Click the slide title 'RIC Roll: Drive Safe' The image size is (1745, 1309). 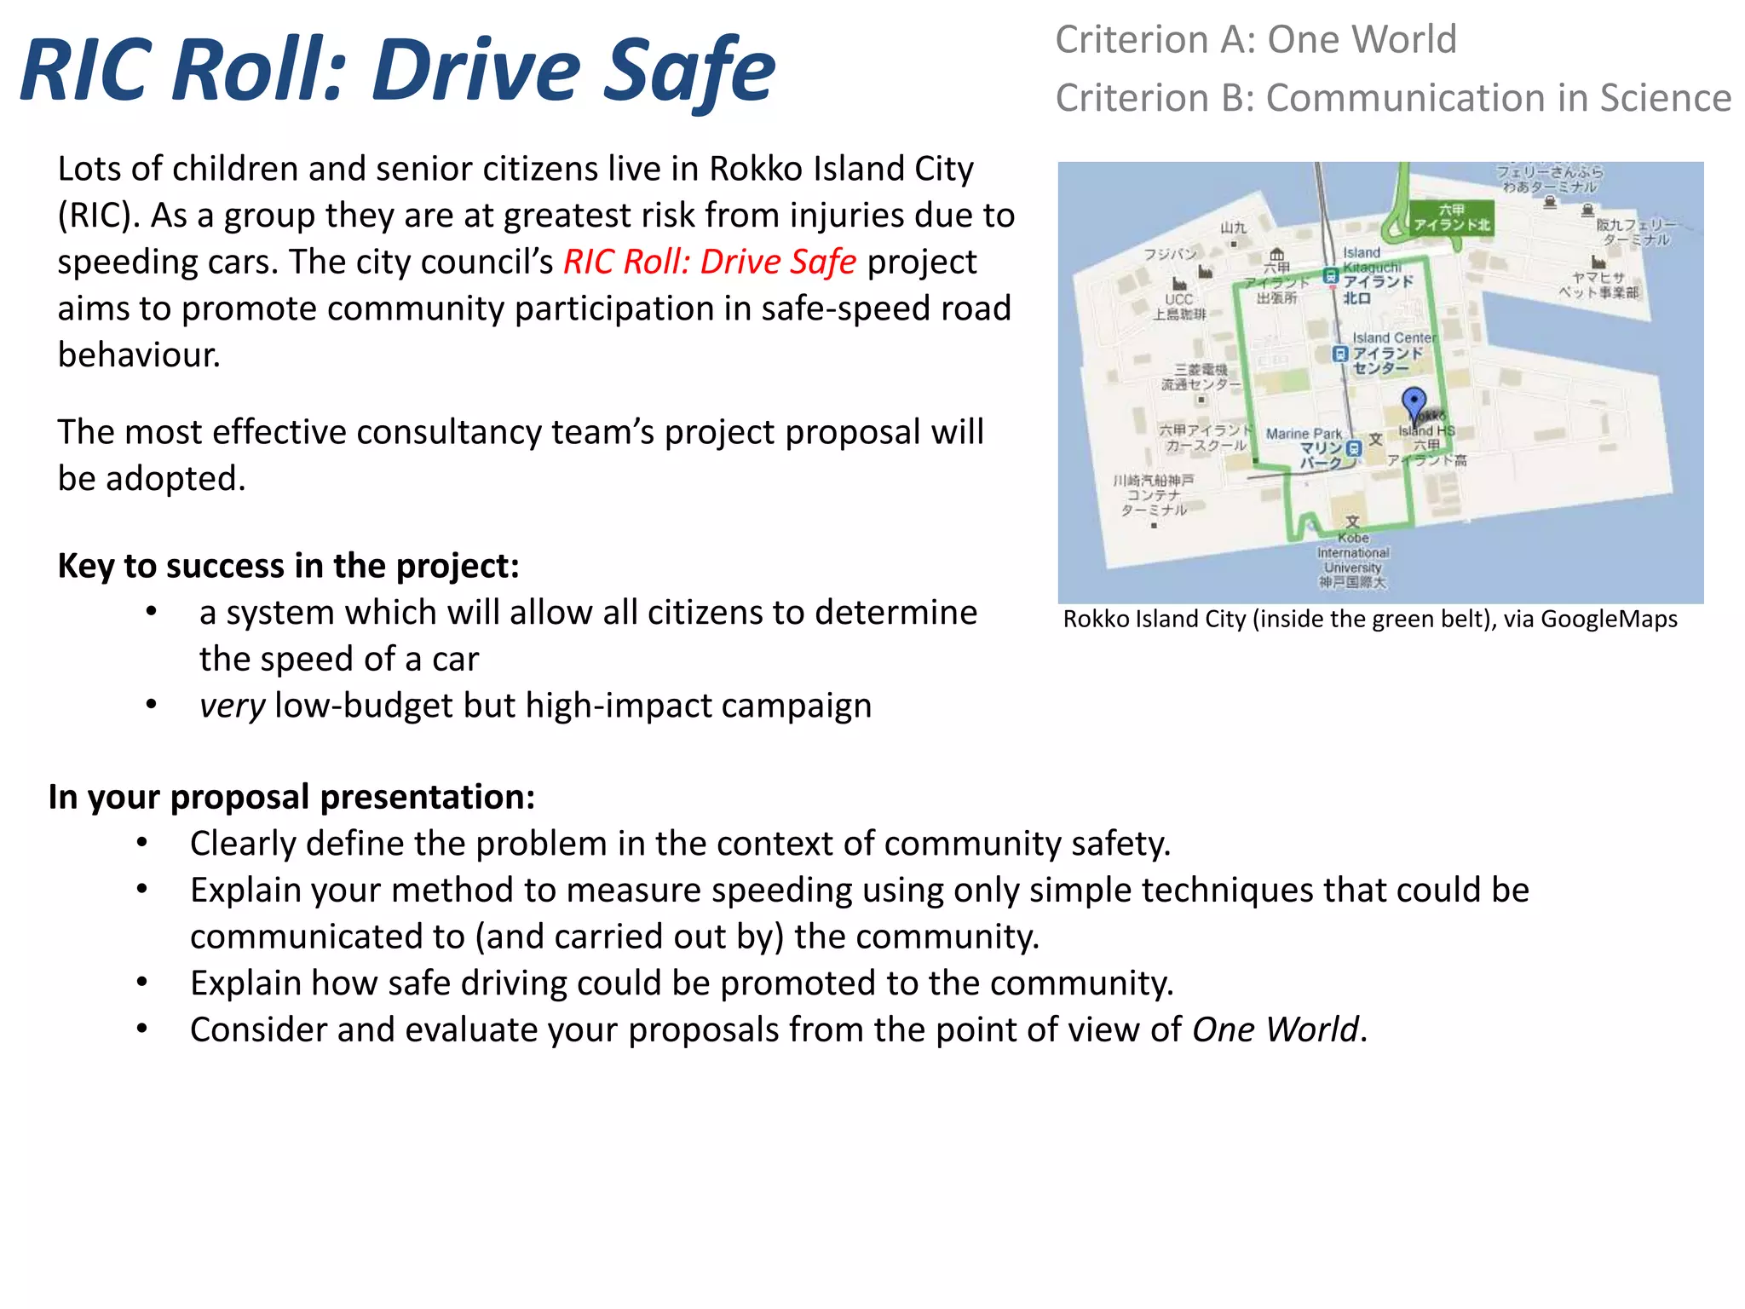tap(397, 70)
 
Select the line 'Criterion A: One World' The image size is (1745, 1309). tap(1255, 40)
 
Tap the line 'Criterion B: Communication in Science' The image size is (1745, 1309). tap(1392, 98)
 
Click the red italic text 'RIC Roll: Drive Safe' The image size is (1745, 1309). tap(709, 262)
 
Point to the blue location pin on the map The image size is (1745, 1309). tap(1414, 403)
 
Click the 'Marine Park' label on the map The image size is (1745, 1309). tap(1303, 434)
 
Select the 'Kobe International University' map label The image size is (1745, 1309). tap(1353, 559)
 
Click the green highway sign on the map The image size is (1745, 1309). tap(1451, 217)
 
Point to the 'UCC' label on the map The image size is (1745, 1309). tap(1178, 300)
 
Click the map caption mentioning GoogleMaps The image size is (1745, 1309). tap(1369, 620)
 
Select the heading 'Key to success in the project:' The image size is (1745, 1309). tap(288, 566)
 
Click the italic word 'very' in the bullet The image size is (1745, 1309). tap(232, 706)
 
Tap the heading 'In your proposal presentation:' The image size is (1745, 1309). tap(291, 797)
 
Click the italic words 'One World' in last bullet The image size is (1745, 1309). tap(1275, 1029)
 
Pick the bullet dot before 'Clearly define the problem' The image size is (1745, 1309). tap(142, 843)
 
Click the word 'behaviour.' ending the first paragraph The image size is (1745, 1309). tap(139, 355)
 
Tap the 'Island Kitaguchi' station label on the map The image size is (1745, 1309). tap(1371, 261)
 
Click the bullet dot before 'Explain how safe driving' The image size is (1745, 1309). tap(142, 983)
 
